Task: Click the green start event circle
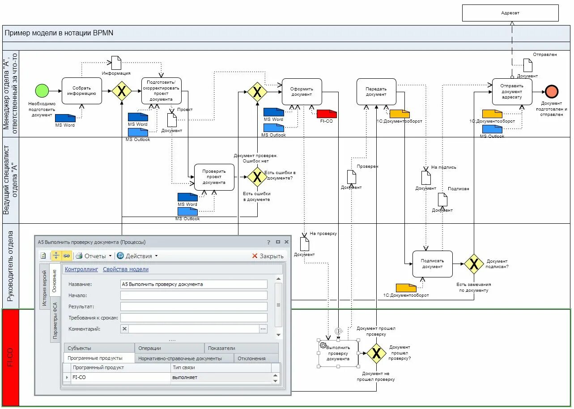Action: (42, 91)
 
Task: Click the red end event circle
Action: (552, 91)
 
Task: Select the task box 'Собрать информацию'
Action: (82, 91)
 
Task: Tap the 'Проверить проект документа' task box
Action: (214, 177)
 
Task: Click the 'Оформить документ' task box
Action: (302, 92)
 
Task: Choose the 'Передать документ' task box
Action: (376, 92)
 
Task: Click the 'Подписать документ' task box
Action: (432, 264)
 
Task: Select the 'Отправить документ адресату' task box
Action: (512, 92)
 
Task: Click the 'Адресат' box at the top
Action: (510, 13)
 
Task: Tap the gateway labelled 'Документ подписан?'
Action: (473, 264)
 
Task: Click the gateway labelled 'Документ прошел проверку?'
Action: (376, 354)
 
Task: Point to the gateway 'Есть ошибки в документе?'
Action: (257, 177)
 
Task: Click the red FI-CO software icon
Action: (327, 113)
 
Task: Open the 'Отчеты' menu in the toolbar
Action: (94, 256)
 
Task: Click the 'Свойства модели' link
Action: (126, 269)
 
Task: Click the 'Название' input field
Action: (194, 284)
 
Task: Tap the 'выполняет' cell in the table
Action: (221, 377)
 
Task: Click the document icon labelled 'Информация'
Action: (116, 63)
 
